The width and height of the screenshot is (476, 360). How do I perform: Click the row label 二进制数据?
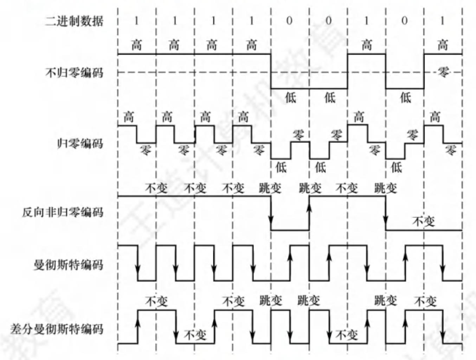(74, 21)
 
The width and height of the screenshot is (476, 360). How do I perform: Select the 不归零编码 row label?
(74, 72)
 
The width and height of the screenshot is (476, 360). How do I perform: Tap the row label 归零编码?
(80, 143)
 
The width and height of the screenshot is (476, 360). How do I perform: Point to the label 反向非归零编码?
(63, 212)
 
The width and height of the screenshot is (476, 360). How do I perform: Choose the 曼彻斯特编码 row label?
(69, 264)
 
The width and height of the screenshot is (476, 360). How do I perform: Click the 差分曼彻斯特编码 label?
(57, 329)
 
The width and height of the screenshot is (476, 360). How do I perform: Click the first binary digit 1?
(136, 21)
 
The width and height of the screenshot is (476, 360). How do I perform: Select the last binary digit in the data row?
(442, 21)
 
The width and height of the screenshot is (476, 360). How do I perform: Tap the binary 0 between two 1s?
(404, 21)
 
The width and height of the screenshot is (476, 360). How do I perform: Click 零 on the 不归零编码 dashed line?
(443, 72)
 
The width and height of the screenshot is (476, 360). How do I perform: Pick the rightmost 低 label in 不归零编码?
(405, 97)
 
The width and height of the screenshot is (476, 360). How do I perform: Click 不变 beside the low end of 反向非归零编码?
(423, 221)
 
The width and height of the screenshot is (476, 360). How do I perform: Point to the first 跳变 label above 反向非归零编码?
(270, 188)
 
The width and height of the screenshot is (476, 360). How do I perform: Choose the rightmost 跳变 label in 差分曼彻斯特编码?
(385, 301)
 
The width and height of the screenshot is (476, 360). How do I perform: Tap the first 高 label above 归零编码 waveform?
(129, 117)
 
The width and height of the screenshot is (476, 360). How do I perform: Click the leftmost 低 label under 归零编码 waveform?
(281, 167)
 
